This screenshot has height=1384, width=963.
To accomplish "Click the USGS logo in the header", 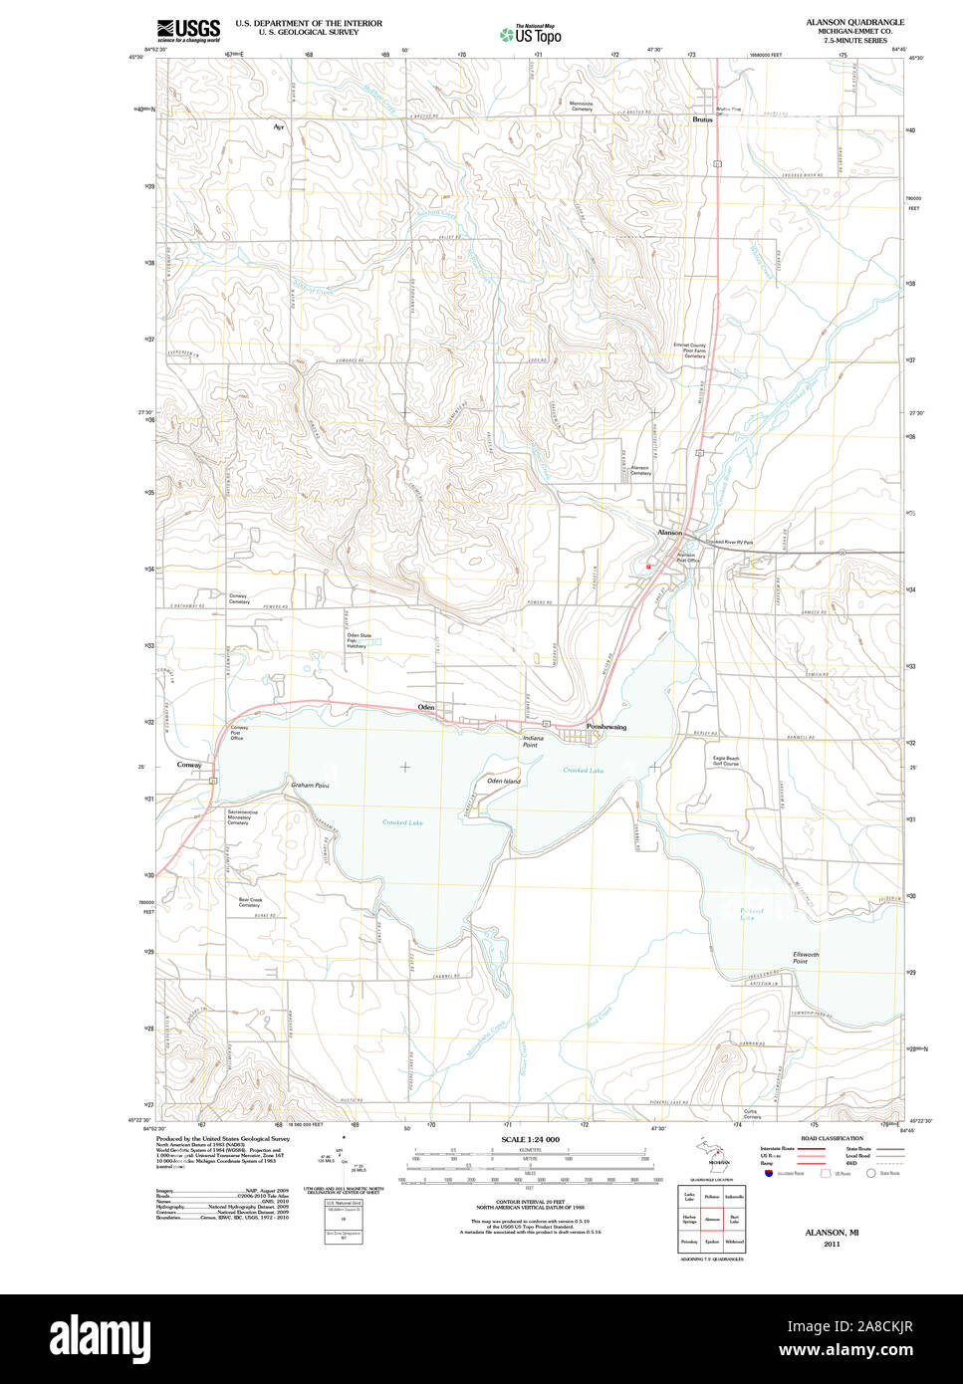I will click(188, 30).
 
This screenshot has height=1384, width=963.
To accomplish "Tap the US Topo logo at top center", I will click(531, 34).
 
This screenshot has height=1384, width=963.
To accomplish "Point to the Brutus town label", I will click(703, 119).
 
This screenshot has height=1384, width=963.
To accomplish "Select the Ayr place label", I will click(279, 127).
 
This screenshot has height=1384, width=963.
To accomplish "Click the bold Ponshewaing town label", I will click(606, 728).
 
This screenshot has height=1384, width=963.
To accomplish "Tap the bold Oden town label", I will click(426, 707).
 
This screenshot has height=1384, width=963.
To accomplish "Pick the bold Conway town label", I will click(189, 765).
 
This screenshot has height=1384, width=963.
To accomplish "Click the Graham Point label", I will click(310, 786).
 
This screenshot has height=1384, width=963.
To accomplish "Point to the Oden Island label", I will click(504, 781).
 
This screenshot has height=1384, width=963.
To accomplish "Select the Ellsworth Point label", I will click(806, 958).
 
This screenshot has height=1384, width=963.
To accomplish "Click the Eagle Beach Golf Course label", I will click(726, 762).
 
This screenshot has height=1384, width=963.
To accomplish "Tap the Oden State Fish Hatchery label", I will click(359, 640).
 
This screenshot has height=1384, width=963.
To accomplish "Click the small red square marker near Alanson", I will click(648, 567).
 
